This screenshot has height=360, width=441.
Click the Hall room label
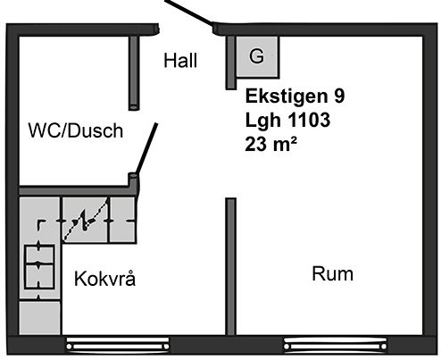pyautogui.click(x=180, y=61)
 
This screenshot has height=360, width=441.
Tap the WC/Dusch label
pyautogui.click(x=76, y=130)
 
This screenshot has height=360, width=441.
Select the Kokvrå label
pyautogui.click(x=104, y=279)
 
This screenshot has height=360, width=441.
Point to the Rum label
pyautogui.click(x=333, y=274)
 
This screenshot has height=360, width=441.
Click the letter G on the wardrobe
pyautogui.click(x=256, y=55)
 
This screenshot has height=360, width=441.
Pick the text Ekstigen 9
pyautogui.click(x=295, y=96)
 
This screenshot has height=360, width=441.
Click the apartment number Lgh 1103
pyautogui.click(x=287, y=120)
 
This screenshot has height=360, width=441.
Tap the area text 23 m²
pyautogui.click(x=271, y=144)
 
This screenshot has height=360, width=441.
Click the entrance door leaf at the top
pyautogui.click(x=189, y=13)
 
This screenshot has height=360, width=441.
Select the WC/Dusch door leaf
pyautogui.click(x=146, y=148)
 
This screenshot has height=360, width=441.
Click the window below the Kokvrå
pyautogui.click(x=118, y=345)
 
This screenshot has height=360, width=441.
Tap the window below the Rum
pyautogui.click(x=336, y=345)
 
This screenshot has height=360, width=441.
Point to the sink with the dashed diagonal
pyautogui.click(x=85, y=220)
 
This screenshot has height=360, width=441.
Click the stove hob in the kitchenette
pyautogui.click(x=39, y=267)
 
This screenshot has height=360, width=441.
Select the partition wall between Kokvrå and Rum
pyautogui.click(x=230, y=266)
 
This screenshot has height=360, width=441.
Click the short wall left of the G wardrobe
pyautogui.click(x=230, y=63)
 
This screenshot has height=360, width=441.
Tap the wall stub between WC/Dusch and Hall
pyautogui.click(x=134, y=73)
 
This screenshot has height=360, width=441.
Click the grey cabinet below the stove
pyautogui.click(x=40, y=318)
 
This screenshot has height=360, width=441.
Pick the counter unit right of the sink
pyautogui.click(x=123, y=220)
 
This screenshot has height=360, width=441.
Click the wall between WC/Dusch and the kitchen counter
pyautogui.click(x=74, y=190)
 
